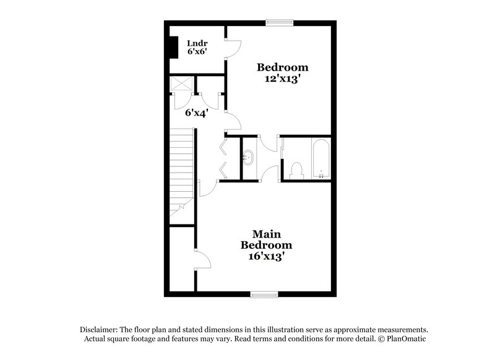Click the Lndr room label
[196, 43]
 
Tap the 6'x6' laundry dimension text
[197, 53]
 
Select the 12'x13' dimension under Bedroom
[283, 79]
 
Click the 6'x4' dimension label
[196, 113]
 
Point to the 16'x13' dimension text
[267, 255]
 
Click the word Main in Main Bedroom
[267, 234]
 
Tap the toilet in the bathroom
[296, 170]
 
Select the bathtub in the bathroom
[321, 160]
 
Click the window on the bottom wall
[264, 294]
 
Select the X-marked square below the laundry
[182, 84]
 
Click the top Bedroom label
[283, 67]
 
